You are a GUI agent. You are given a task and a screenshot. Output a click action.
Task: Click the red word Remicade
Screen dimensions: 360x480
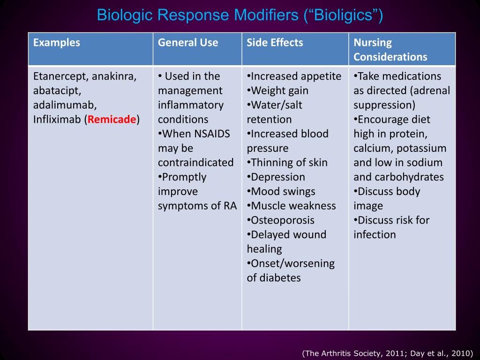pyautogui.click(x=112, y=120)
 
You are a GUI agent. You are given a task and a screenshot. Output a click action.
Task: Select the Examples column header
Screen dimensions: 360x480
pyautogui.click(x=57, y=43)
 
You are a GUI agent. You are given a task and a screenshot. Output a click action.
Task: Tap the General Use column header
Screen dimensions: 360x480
pyautogui.click(x=188, y=43)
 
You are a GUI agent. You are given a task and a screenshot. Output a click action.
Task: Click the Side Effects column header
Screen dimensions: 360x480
pyautogui.click(x=275, y=43)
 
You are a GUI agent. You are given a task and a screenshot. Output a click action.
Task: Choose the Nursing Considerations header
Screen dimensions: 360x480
pyautogui.click(x=390, y=50)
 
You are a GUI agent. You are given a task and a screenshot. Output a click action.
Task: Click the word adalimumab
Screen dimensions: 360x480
pyautogui.click(x=65, y=105)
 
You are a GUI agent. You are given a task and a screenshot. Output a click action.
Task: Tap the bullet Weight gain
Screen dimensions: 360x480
pyautogui.click(x=280, y=91)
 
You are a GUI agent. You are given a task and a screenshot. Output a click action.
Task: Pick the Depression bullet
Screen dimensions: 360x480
pyautogui.click(x=278, y=177)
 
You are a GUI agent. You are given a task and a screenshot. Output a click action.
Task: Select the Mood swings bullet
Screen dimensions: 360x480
pyautogui.click(x=283, y=192)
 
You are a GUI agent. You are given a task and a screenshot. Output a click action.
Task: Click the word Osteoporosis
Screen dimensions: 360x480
pyautogui.click(x=283, y=220)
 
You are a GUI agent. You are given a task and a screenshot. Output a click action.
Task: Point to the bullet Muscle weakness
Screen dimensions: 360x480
pyautogui.click(x=293, y=206)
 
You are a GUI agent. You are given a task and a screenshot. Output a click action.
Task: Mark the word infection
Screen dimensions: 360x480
pyautogui.click(x=375, y=235)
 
